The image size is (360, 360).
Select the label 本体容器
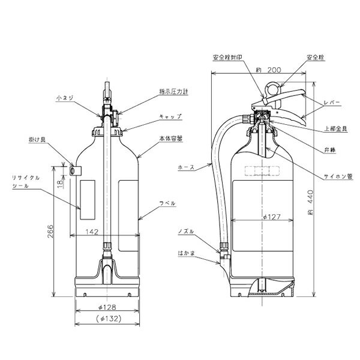[x=172, y=138]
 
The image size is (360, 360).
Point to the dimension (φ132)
[x=108, y=317]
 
